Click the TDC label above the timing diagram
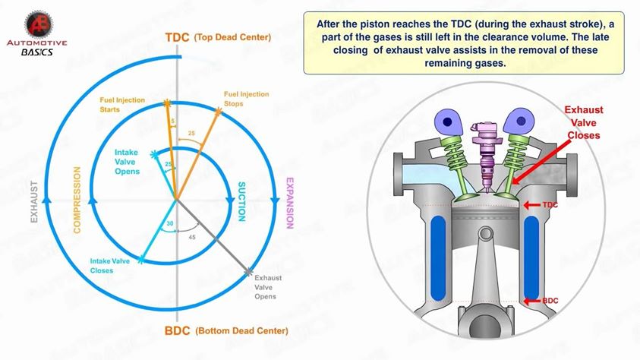(177, 37)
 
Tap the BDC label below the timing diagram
(177, 330)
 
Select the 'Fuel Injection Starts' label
(122, 105)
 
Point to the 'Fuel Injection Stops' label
(246, 99)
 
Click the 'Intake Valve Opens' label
(127, 162)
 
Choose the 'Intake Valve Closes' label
(110, 266)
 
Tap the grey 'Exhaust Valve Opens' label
(268, 287)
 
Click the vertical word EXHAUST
(34, 201)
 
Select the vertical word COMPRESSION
(77, 200)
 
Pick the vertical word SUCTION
(241, 201)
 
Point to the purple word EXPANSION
(290, 203)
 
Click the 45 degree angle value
(192, 237)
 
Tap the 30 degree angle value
(170, 224)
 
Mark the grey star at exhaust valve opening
(248, 272)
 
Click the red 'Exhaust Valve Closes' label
(584, 122)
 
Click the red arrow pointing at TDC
(531, 204)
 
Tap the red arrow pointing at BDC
(532, 302)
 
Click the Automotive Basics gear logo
(39, 24)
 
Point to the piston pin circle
(486, 234)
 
